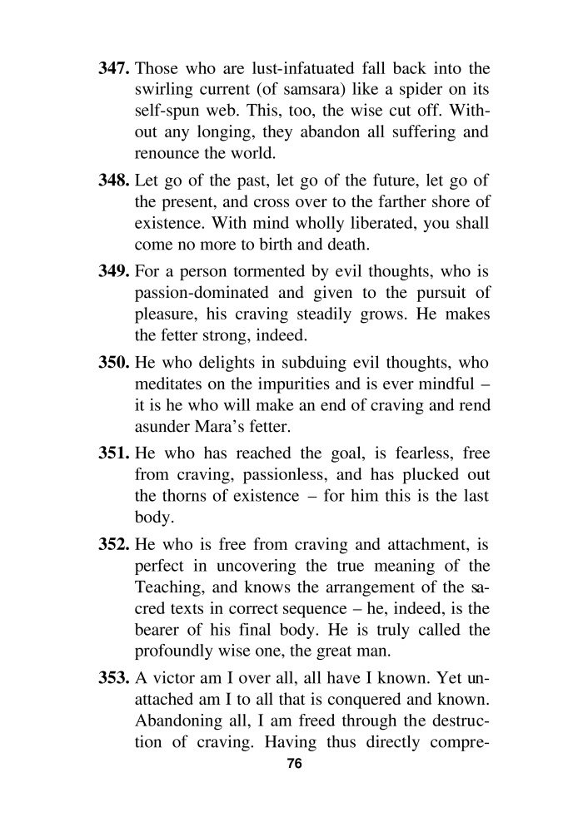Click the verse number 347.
114,69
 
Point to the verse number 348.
114,182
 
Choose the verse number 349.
114,275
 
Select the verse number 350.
114,366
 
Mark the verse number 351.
114,458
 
